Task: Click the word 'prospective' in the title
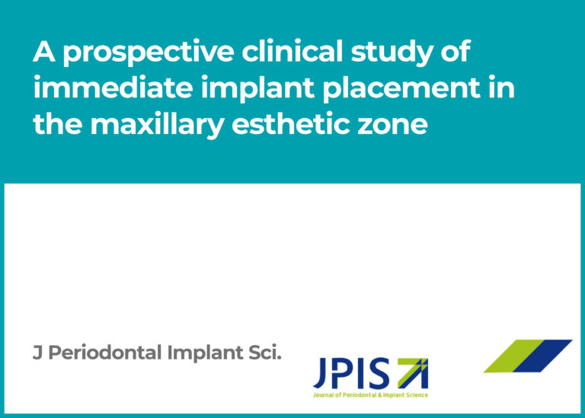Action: pos(149,53)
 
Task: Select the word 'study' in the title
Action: pos(392,53)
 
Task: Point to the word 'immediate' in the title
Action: pos(113,87)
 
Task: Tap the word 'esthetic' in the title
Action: pos(291,123)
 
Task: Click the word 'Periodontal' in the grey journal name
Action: pos(105,353)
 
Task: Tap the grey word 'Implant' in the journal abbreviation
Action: pos(205,353)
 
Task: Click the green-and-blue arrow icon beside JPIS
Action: pos(413,373)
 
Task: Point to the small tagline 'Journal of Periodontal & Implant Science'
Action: pos(370,395)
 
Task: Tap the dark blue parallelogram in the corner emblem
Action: pos(543,356)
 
